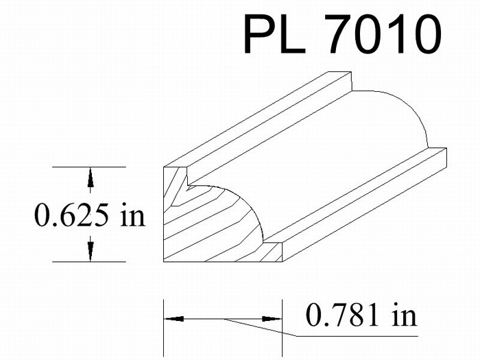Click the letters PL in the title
coord(274,34)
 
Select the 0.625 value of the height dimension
coord(71,215)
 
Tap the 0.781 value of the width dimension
coord(342,314)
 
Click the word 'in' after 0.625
coord(133,215)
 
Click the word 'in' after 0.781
coord(405,314)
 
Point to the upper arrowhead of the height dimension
coord(90,177)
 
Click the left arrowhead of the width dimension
coord(173,319)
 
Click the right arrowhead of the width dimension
coord(272,319)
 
